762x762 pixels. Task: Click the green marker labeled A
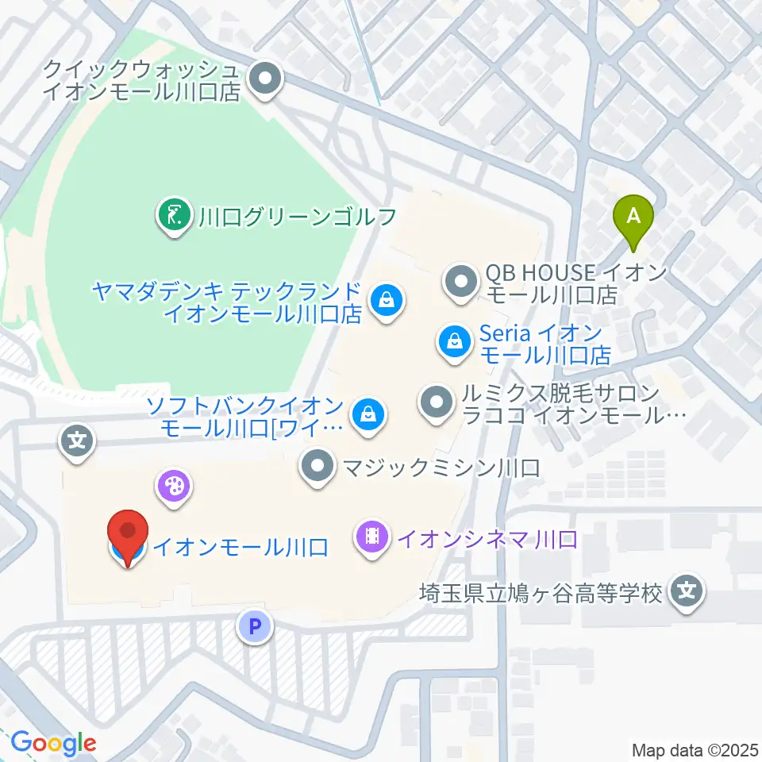point(633,217)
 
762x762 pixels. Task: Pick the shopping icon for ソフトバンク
point(368,414)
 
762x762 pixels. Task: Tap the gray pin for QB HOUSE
point(460,283)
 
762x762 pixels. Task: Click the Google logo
point(53,743)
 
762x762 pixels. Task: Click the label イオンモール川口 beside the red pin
point(240,547)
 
